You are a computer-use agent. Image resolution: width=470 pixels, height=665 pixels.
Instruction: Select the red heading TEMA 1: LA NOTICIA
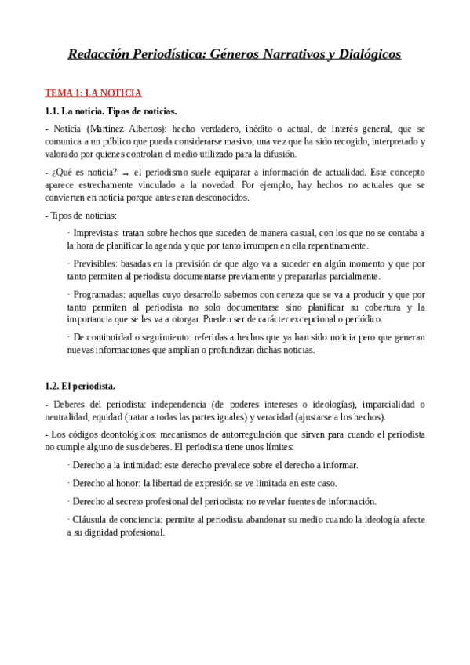point(93,93)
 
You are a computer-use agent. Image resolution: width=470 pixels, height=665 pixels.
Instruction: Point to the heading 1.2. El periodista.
point(80,386)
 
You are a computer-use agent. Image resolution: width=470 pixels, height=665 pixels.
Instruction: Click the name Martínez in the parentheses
point(105,129)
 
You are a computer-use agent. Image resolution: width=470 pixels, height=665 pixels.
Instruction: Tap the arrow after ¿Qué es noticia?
point(126,173)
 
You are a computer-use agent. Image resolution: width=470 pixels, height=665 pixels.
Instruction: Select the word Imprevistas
point(96,233)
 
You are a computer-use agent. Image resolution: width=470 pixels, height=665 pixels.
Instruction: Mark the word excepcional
point(314,319)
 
